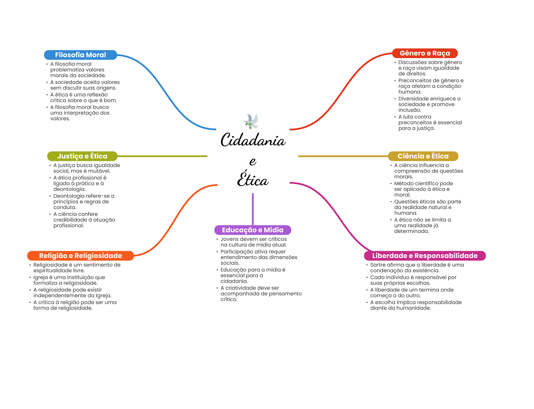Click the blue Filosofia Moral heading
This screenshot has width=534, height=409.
tap(80, 55)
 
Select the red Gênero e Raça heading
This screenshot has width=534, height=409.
tap(425, 53)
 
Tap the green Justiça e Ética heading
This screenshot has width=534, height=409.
tap(82, 156)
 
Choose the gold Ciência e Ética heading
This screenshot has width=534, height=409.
tap(423, 156)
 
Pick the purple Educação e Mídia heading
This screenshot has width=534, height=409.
tap(252, 230)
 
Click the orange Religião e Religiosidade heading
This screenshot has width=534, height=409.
tap(80, 256)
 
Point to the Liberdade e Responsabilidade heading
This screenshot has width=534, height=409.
tap(425, 256)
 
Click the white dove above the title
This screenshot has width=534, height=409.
tap(251, 121)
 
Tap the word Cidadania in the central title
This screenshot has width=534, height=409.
tap(253, 140)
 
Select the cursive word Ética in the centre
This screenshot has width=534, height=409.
tap(253, 180)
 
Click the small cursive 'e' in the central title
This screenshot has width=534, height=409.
tap(253, 161)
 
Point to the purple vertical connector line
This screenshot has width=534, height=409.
tap(253, 209)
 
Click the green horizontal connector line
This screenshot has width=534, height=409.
tap(162, 156)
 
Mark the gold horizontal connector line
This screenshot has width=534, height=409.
tap(343, 156)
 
